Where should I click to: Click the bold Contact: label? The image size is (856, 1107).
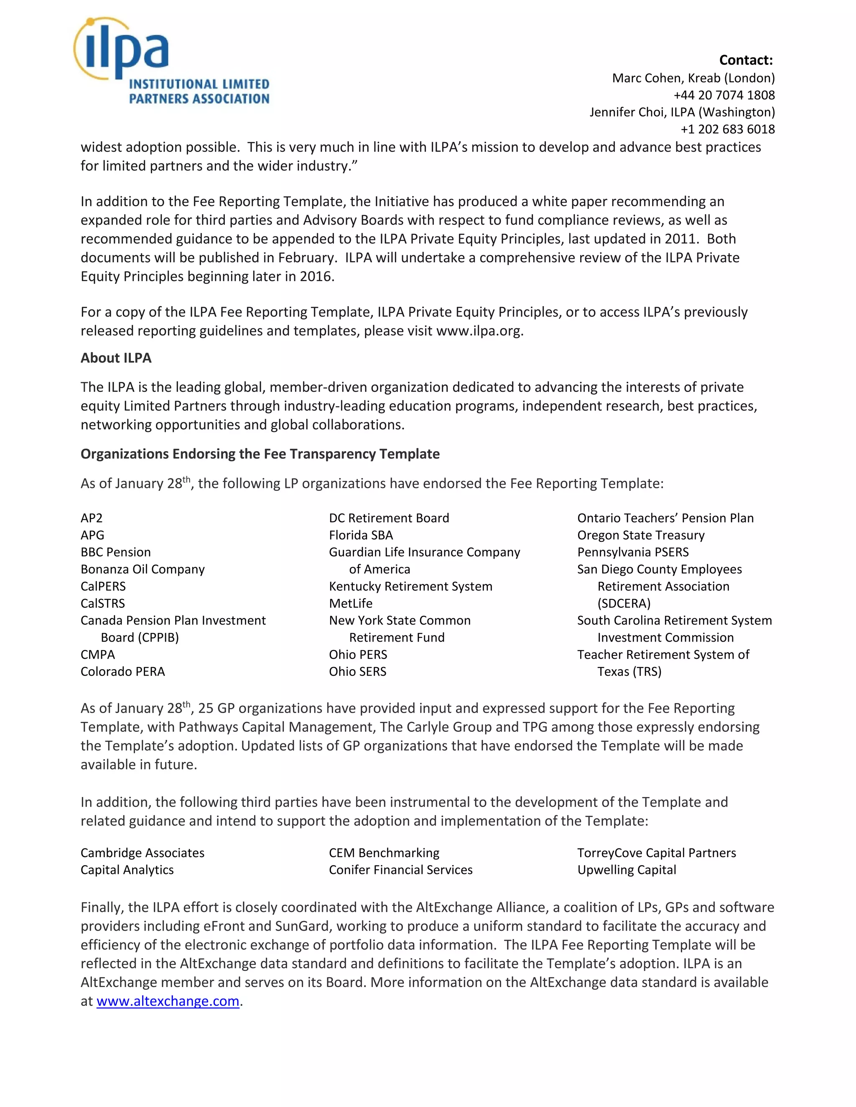(746, 60)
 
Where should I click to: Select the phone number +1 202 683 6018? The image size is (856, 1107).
(727, 129)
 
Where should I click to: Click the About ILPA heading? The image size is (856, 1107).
(116, 358)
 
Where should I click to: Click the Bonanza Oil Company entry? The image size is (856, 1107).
(143, 569)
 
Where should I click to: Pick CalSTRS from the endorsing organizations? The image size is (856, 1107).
(102, 603)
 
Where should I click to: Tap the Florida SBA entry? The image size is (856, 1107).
(361, 535)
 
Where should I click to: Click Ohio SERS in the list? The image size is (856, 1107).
(357, 672)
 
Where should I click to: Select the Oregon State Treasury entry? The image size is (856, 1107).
(640, 535)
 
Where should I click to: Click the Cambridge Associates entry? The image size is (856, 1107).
(143, 853)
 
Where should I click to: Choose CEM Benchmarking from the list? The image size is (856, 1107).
(384, 853)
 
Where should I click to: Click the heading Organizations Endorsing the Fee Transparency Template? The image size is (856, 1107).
(260, 454)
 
